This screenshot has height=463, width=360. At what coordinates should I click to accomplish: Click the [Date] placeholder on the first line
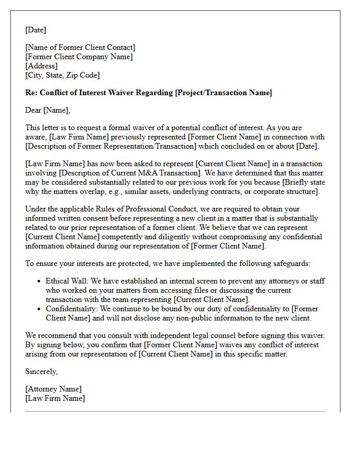pos(35,30)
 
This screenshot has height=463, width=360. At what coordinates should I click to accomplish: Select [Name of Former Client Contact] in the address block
pos(80,48)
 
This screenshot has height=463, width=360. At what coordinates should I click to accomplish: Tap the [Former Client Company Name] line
pos(79,57)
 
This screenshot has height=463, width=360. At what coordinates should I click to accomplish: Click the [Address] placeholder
pos(41,66)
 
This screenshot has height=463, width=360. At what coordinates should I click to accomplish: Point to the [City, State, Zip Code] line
pos(62,76)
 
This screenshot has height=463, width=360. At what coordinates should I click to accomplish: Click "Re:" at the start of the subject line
pos(31,93)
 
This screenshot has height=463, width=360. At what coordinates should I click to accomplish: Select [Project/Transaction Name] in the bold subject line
pos(223,93)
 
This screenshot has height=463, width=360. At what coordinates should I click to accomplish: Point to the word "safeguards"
pos(293,263)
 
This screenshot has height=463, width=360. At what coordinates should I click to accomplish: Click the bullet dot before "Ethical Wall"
pos(40,281)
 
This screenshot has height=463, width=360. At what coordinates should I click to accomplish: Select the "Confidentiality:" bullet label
pos(72,309)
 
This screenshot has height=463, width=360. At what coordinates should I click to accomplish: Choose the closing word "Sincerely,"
pos(42,371)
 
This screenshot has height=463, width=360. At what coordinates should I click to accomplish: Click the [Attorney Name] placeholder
pos(53,389)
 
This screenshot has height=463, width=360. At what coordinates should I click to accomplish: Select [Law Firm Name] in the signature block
pos(55,399)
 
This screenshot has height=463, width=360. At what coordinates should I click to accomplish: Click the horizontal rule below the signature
pos(175,412)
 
